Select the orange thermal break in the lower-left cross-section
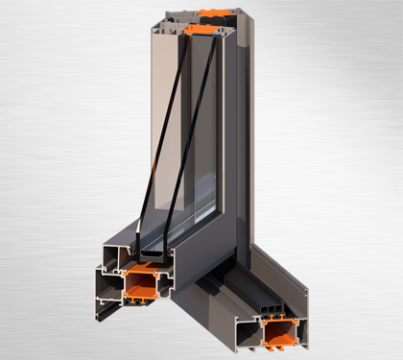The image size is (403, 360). [x=140, y=284]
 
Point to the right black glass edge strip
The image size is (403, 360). [x=188, y=144]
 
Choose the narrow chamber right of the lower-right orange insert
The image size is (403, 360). [x=299, y=331]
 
